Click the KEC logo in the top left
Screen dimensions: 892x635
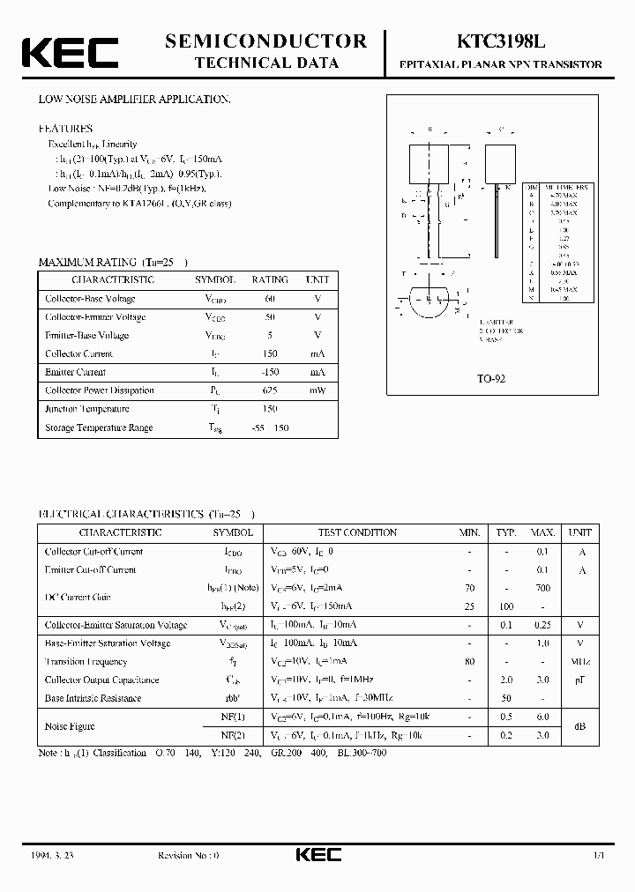pos(69,52)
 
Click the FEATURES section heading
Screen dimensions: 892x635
pos(64,128)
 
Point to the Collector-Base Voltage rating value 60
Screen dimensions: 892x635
pos(270,299)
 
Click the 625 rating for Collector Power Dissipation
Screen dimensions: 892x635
pos(270,390)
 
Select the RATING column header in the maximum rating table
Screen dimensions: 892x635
pos(270,279)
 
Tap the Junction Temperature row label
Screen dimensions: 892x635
pos(86,409)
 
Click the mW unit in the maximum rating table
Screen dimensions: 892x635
pos(317,390)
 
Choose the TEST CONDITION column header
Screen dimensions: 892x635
pos(357,532)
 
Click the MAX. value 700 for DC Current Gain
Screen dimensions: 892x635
pos(542,588)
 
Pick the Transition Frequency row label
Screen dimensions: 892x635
pos(86,662)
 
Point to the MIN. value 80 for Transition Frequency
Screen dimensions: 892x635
pos(469,662)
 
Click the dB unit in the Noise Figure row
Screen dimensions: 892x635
pos(579,726)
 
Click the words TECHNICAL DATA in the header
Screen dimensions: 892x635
pos(266,63)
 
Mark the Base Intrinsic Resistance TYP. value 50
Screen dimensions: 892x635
pos(505,699)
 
